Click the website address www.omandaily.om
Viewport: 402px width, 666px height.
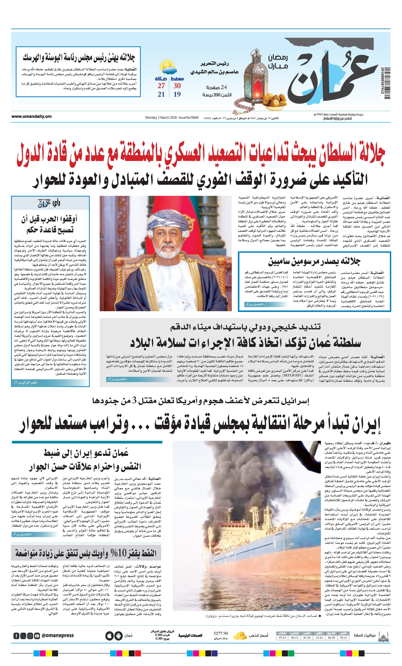click(x=31, y=117)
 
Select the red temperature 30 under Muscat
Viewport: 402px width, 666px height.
click(x=177, y=86)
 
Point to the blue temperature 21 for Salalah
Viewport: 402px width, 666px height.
click(x=161, y=94)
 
